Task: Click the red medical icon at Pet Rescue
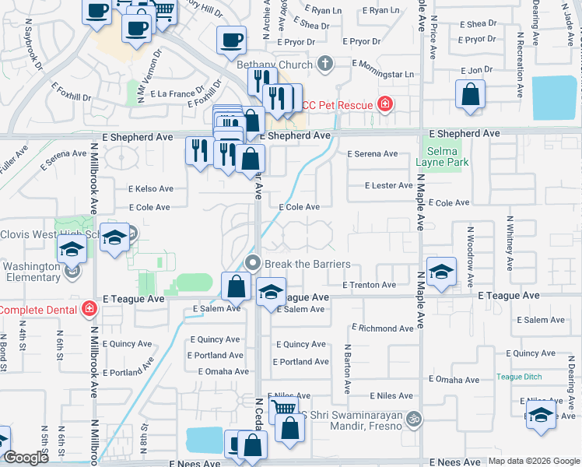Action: pos(384,104)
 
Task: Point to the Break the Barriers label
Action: pos(307,264)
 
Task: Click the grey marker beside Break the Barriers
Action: pos(252,262)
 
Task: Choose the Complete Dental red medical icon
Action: pos(89,310)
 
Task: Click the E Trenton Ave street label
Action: pos(369,285)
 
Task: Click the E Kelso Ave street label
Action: pos(151,188)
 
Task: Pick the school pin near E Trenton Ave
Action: pos(441,272)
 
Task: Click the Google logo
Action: pos(26,458)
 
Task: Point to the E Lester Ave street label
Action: pos(390,185)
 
